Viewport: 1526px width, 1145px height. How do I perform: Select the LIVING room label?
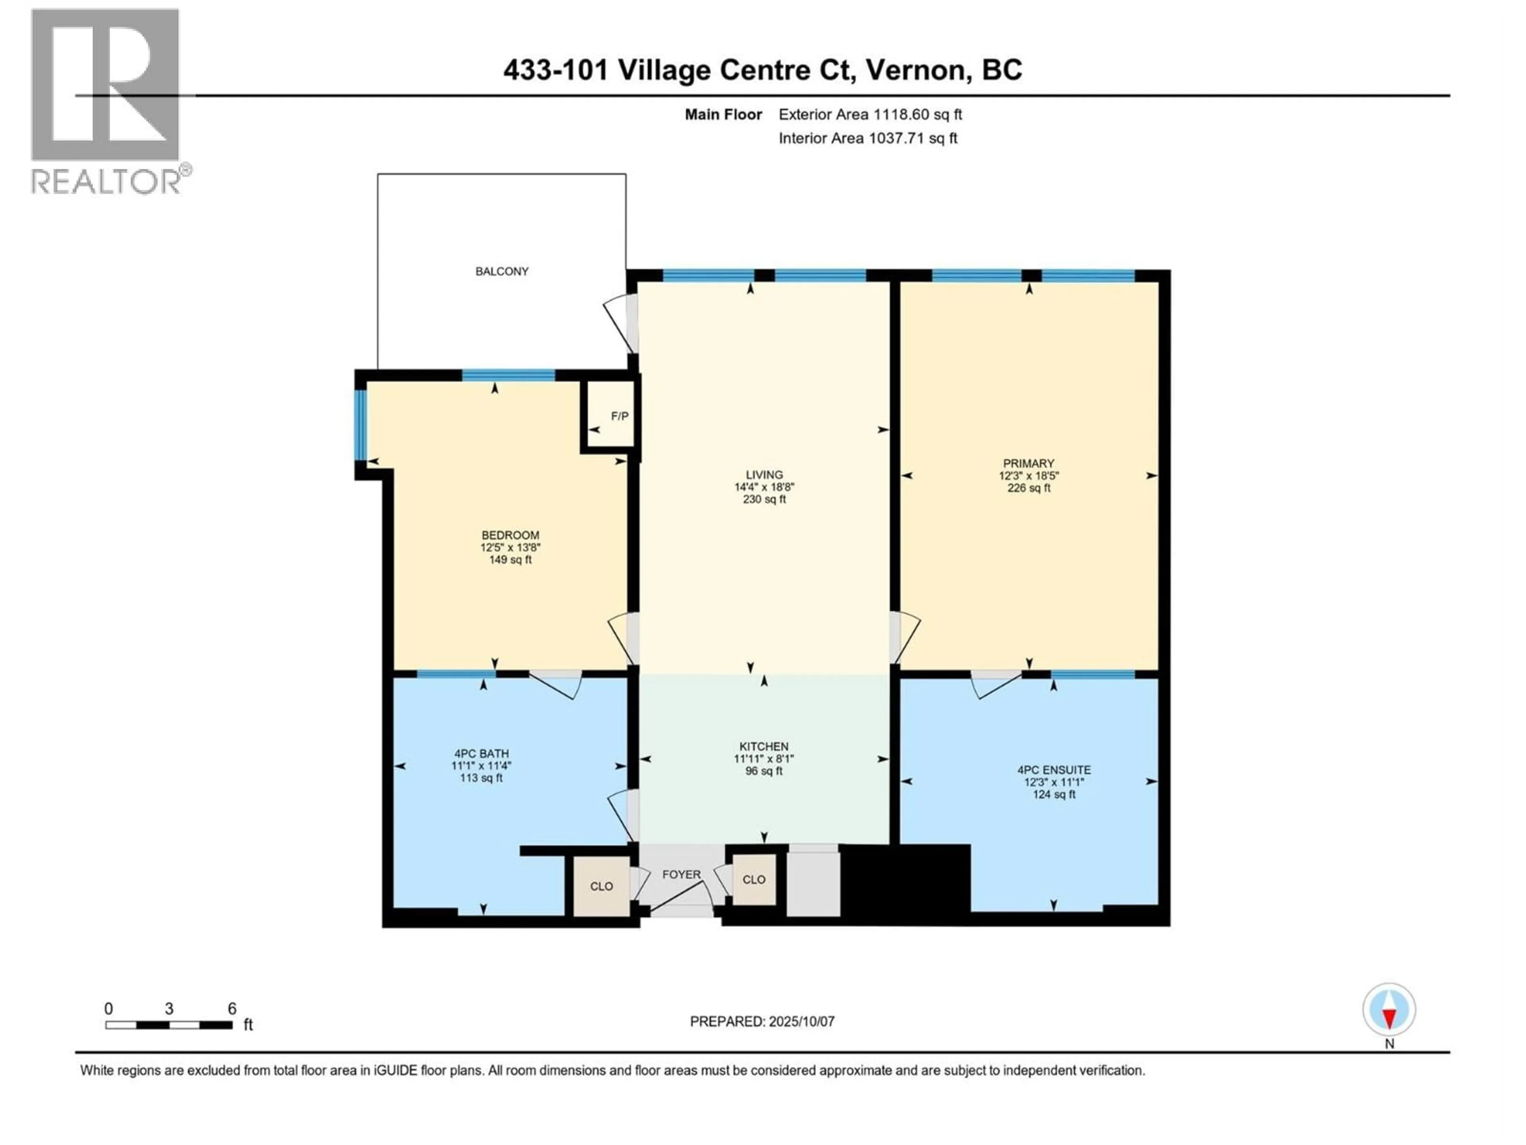click(x=764, y=475)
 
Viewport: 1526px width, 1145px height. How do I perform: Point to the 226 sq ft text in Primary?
click(x=1028, y=488)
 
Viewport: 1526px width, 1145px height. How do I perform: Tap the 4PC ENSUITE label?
click(x=1053, y=770)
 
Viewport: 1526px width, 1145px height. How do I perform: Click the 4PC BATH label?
click(x=481, y=754)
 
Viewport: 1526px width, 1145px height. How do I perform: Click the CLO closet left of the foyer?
click(x=601, y=886)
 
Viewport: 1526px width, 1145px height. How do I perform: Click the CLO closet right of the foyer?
click(x=753, y=879)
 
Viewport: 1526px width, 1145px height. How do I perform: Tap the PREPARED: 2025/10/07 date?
click(x=762, y=1021)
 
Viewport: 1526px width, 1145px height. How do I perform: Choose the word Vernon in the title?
click(x=916, y=70)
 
